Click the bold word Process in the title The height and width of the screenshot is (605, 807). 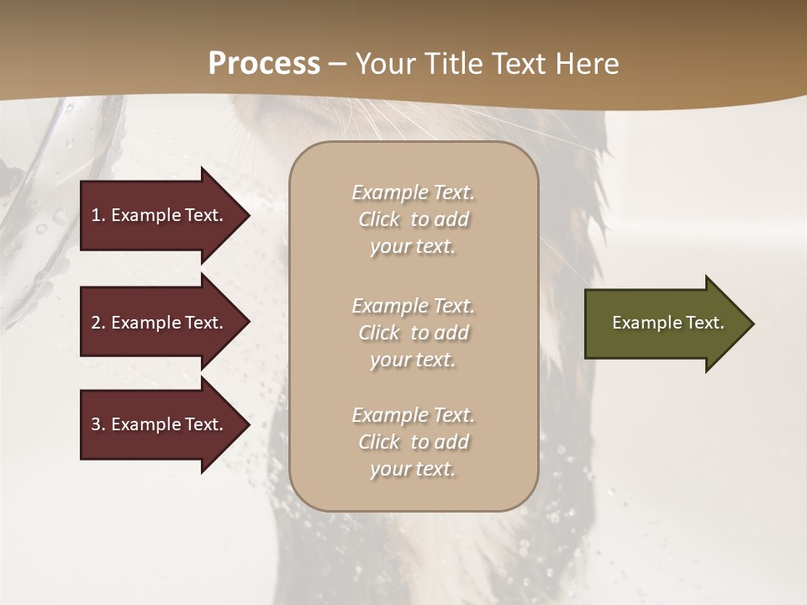264,64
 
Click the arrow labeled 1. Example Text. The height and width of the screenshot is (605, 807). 160,215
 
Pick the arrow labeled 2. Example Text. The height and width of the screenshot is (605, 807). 160,323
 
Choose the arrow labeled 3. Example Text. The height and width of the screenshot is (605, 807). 160,424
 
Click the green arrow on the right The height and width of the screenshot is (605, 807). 664,324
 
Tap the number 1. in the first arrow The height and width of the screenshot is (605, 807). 98,215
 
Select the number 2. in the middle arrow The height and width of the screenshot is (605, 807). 98,323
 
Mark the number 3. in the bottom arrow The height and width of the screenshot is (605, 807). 98,424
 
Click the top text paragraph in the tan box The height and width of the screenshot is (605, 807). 413,219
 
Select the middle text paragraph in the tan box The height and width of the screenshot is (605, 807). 413,333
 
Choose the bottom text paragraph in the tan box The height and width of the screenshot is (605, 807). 413,442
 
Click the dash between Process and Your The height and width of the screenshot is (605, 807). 337,65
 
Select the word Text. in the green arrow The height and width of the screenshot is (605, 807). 704,323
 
